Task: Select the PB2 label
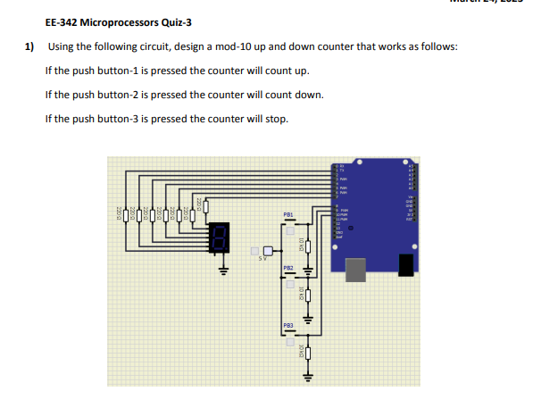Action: (288, 268)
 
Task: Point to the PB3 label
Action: (288, 327)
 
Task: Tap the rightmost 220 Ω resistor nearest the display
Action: (206, 207)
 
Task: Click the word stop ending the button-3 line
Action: (278, 119)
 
